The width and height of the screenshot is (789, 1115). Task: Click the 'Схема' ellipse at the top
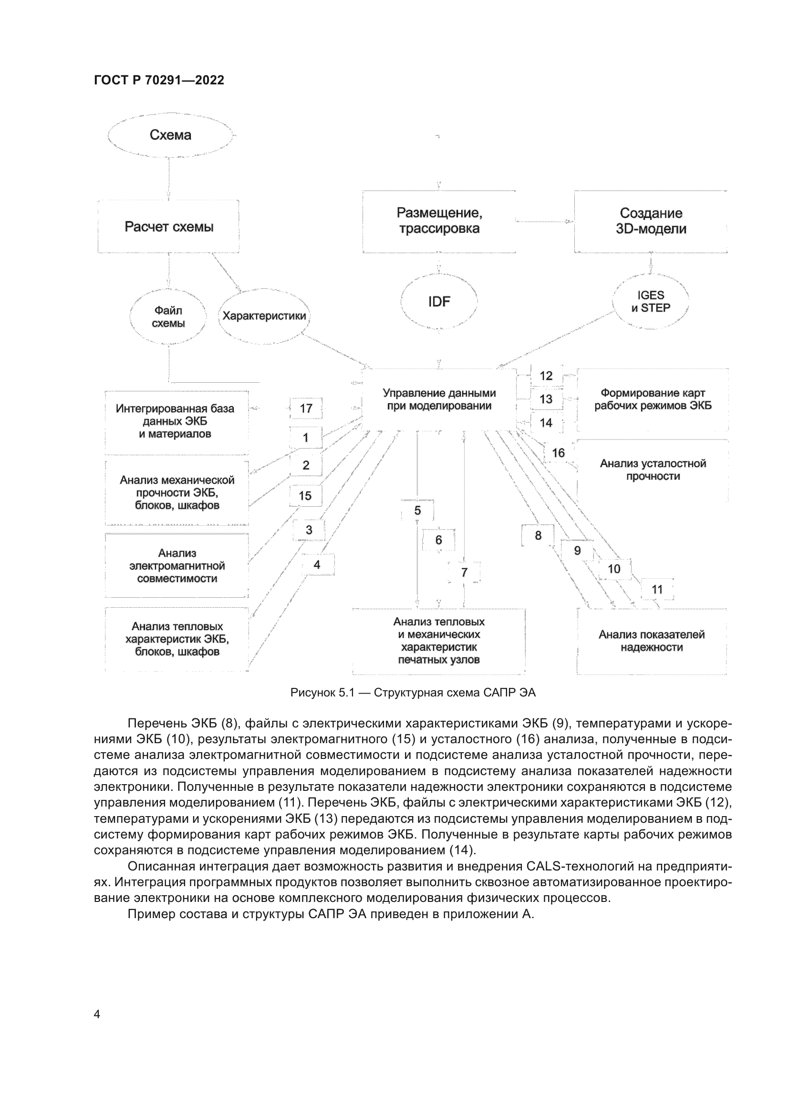pos(170,135)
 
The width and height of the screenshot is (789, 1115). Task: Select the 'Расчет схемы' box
pos(168,226)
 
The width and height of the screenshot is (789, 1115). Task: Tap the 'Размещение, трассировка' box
pos(439,221)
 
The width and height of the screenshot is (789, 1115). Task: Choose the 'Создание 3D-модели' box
pos(651,221)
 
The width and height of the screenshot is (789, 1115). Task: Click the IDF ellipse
pos(439,302)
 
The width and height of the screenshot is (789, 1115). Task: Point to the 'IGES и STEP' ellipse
pos(651,302)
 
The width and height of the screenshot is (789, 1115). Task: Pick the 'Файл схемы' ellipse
pos(168,317)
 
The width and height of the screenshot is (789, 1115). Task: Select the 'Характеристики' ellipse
pos(264,317)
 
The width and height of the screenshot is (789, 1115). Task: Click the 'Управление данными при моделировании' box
pos(439,399)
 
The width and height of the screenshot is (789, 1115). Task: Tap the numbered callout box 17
pos(306,409)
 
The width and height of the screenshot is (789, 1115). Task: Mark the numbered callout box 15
pos(305,496)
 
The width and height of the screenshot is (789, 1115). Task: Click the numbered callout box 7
pos(464,573)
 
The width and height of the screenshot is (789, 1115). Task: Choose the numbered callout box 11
pos(657,590)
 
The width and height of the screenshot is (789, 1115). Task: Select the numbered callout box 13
pos(546,399)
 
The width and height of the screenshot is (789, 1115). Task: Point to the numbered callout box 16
pos(558,453)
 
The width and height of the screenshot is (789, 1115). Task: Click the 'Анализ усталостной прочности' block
pos(653,470)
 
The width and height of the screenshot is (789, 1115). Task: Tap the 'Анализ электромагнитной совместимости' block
pos(177,566)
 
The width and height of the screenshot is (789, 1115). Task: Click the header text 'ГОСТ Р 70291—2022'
pos(159,81)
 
